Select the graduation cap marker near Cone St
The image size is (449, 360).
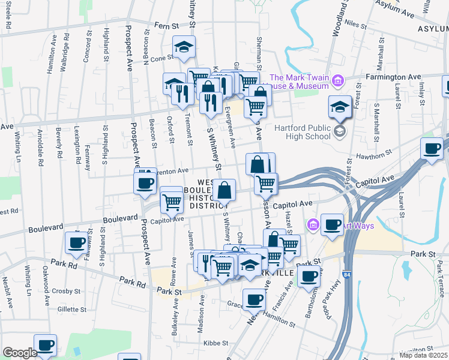[x=184, y=47]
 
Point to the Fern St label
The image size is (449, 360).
[x=167, y=26]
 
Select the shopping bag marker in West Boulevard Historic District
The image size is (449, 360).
[x=224, y=190]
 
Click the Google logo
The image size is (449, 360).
[x=20, y=353]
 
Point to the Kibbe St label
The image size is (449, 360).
[x=217, y=343]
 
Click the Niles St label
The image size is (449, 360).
[x=355, y=25]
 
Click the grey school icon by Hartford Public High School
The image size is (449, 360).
[x=340, y=131]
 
